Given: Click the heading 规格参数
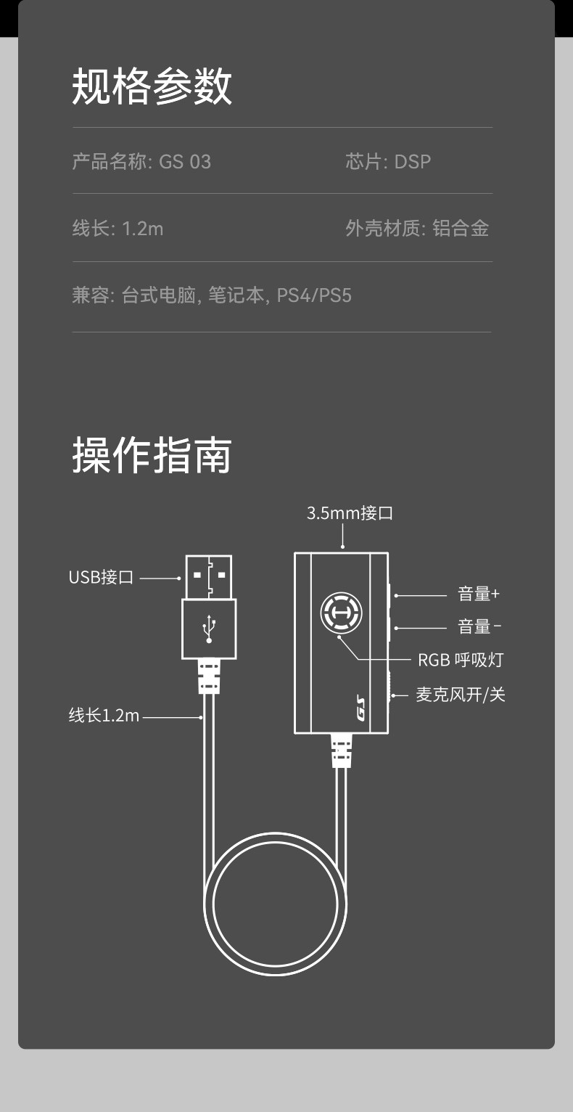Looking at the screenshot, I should coord(152,86).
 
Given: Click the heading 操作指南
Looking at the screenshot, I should coord(152,455).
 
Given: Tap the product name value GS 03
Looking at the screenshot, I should coord(185,161).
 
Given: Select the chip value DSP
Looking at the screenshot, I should coord(413,161).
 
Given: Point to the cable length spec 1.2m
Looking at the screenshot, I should coord(142,229).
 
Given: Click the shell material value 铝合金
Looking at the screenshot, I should coord(461,229).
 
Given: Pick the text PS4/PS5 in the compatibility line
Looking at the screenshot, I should coord(314,296).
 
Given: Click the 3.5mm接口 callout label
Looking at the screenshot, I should coord(350,514).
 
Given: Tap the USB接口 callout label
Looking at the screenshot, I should coord(101,578).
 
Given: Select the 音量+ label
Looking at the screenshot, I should coord(479,594).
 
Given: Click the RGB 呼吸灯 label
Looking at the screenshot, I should coord(460,660).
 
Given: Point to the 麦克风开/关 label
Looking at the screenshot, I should coord(460,695).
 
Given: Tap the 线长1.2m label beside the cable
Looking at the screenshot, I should coord(104,716).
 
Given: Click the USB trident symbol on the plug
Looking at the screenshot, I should coord(210,629).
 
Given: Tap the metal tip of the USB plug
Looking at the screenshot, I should coord(209,576).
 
